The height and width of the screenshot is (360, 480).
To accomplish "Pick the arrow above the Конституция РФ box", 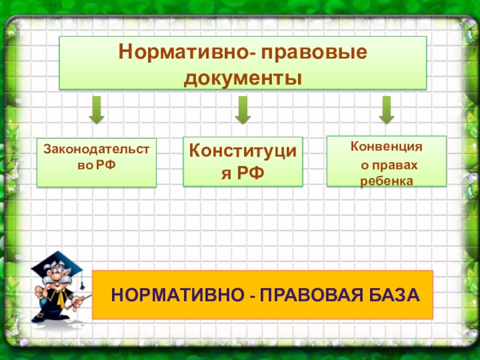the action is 242,110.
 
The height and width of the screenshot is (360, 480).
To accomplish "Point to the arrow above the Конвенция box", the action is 386,110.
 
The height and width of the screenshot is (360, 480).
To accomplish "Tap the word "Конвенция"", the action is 386,146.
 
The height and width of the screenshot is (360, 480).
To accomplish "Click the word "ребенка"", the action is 386,181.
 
